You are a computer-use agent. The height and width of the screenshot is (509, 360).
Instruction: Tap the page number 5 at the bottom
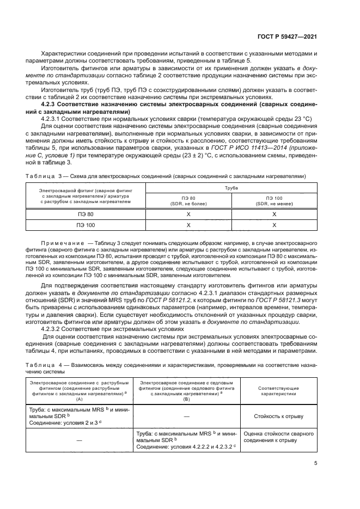pyautogui.click(x=315, y=464)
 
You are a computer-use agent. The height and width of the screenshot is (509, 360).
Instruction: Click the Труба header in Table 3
pyautogui.click(x=231, y=186)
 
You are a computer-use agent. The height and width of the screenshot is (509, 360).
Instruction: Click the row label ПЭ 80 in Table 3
pyautogui.click(x=87, y=214)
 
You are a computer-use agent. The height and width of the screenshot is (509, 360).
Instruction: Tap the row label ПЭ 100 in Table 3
pyautogui.click(x=87, y=225)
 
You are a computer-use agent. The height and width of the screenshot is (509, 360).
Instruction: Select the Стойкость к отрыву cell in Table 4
pyautogui.click(x=278, y=416)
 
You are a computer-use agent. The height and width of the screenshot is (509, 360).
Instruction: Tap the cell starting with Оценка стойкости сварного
pyautogui.click(x=278, y=437)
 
